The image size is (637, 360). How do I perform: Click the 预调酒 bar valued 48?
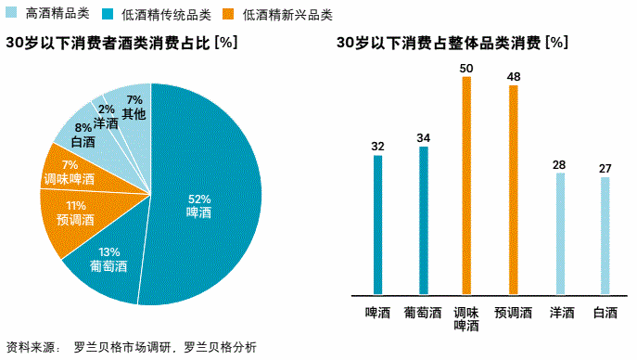coord(513,189)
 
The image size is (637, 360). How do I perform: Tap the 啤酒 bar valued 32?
coord(377,224)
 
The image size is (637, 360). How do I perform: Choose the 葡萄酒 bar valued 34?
coord(423,219)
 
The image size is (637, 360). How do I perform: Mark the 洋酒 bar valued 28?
coord(559,233)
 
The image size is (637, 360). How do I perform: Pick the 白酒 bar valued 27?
coord(605,235)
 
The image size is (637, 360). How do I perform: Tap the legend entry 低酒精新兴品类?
coord(287,15)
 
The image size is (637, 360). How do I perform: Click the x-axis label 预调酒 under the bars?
coord(513,313)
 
